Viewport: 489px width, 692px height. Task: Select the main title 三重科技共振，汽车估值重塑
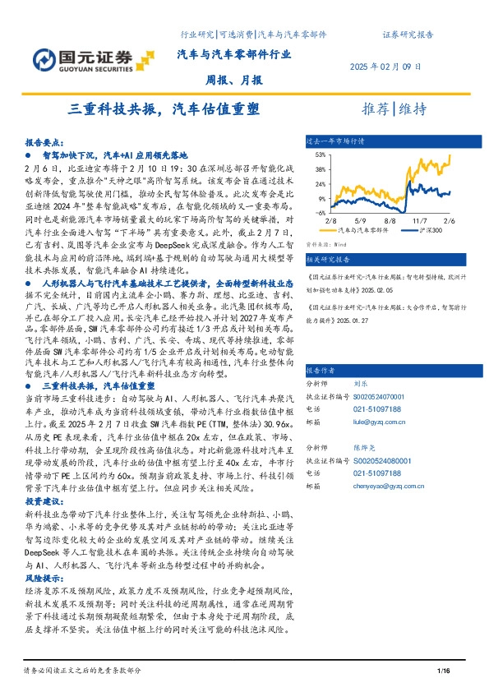161,109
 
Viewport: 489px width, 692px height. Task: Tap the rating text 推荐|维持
394,109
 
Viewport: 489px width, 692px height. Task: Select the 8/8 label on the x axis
390,220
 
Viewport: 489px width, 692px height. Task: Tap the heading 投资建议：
44,501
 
